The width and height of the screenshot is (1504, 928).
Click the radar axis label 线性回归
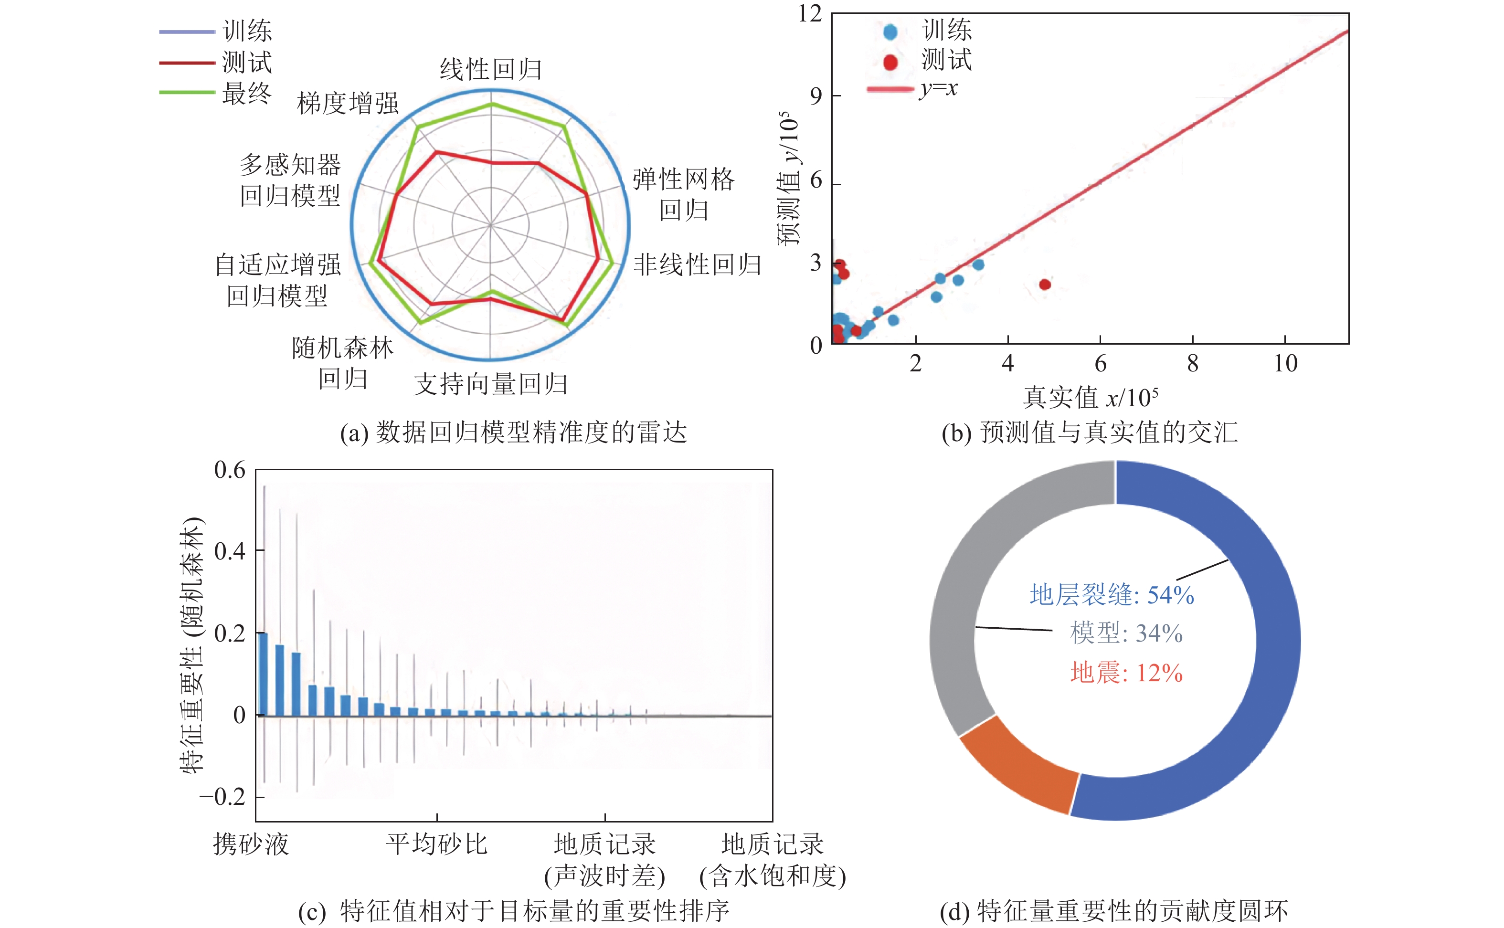(490, 69)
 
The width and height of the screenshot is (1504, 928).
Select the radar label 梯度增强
(348, 103)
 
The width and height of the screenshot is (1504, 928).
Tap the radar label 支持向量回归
(490, 384)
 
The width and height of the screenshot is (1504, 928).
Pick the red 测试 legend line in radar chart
(187, 63)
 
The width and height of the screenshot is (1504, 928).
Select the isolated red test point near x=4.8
(1045, 284)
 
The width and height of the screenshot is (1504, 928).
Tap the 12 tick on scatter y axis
(810, 13)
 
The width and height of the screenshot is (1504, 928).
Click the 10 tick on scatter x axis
(1285, 363)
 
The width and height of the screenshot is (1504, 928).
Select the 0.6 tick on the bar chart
(230, 471)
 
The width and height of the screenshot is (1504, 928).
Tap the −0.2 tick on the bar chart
(222, 797)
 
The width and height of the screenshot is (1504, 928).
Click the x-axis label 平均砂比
(436, 844)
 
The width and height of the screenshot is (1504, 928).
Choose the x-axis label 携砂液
(251, 844)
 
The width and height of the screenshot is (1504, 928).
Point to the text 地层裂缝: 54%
(1111, 595)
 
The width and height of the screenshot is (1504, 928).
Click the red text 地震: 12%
(1126, 673)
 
